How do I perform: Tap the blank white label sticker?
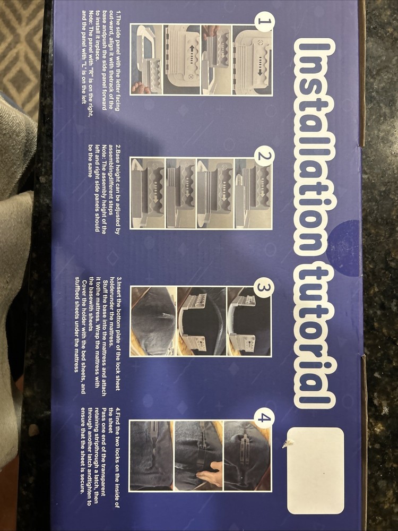(x=316, y=470)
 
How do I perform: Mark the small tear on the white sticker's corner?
(x=290, y=442)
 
